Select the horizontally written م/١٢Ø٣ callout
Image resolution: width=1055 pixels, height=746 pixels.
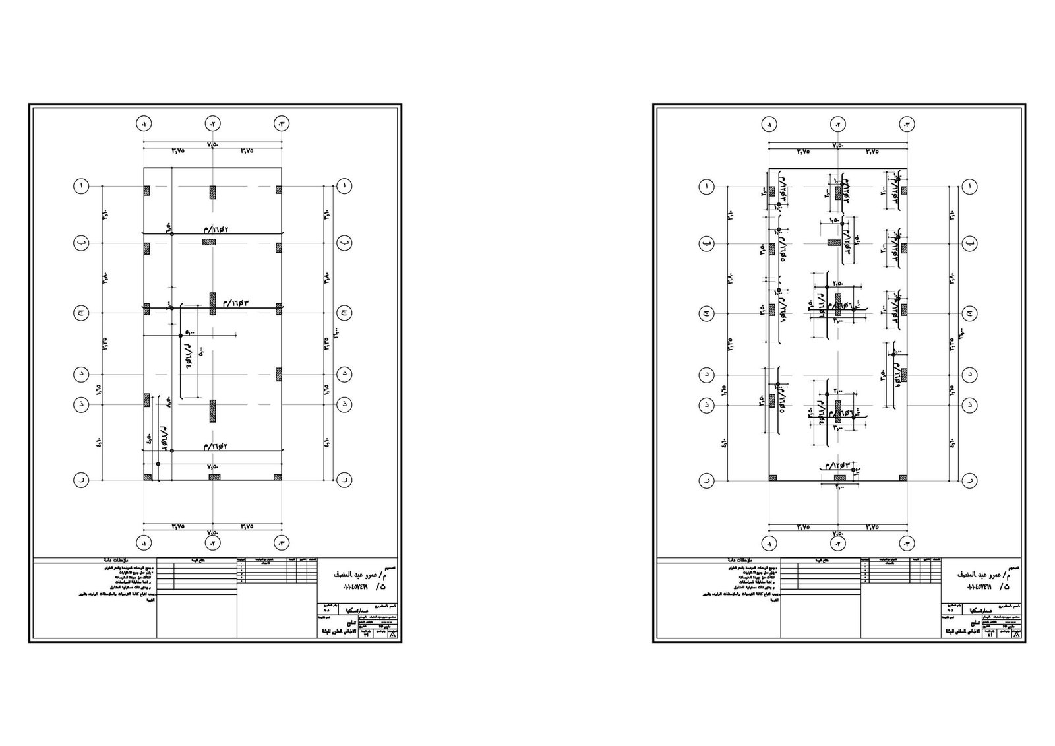(x=833, y=466)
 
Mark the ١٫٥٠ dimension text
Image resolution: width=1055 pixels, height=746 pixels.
(x=834, y=222)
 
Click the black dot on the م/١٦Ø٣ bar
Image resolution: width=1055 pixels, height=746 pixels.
(x=171, y=307)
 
